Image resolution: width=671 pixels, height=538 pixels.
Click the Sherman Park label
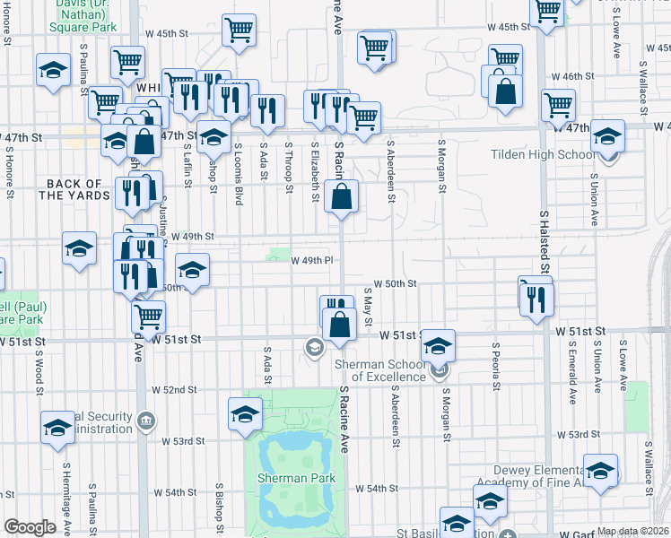tap(296, 478)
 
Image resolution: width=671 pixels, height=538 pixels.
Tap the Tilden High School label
tap(537, 154)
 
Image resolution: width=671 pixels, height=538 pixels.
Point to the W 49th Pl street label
tap(312, 260)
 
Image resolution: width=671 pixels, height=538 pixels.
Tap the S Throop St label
tap(290, 166)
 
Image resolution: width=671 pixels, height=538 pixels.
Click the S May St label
tap(369, 308)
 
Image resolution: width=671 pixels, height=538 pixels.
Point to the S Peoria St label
tap(495, 365)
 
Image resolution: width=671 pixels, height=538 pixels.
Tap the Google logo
tap(30, 527)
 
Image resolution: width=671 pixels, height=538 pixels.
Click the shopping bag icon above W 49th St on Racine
tap(342, 198)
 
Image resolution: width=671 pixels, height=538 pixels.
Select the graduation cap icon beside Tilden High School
tap(608, 139)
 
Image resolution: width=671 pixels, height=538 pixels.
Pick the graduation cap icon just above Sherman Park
tap(245, 415)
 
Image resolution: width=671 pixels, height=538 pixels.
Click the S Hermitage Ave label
tap(65, 488)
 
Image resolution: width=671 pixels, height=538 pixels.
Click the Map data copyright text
tap(632, 531)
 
